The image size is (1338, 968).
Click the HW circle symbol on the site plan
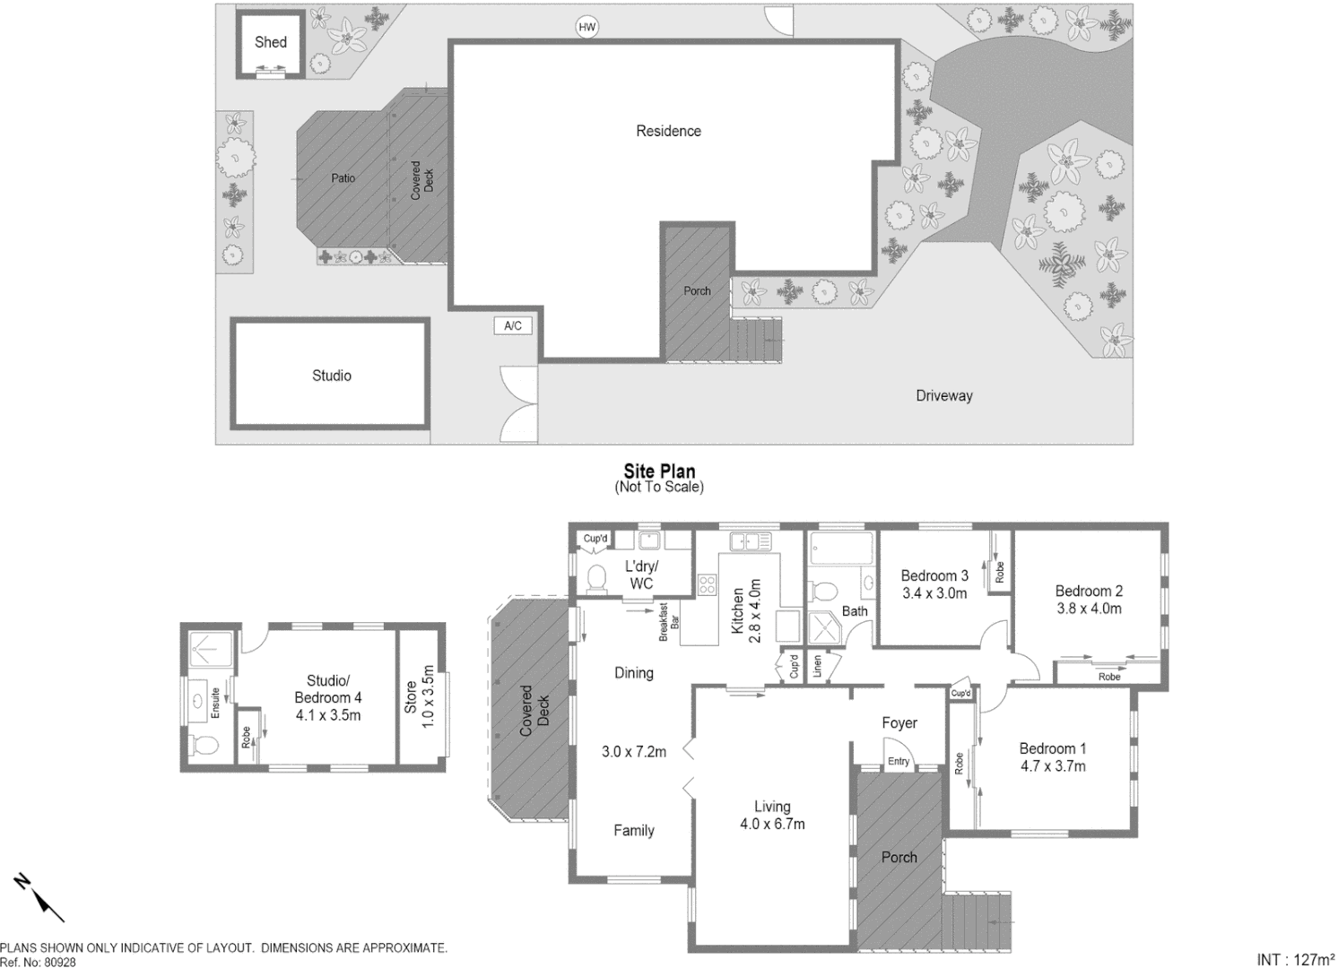click(586, 28)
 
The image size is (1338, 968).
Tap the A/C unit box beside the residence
click(513, 325)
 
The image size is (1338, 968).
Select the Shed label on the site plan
click(271, 42)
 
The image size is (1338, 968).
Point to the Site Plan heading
click(659, 471)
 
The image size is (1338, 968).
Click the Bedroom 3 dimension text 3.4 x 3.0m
click(934, 592)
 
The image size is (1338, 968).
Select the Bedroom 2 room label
click(1089, 591)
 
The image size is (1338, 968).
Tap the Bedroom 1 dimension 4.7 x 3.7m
click(1053, 765)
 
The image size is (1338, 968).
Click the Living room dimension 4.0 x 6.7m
click(772, 824)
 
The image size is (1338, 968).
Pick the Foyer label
click(899, 722)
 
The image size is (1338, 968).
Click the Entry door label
click(899, 761)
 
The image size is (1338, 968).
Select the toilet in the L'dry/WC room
click(595, 580)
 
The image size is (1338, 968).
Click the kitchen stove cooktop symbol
click(707, 585)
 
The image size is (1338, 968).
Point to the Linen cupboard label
click(817, 665)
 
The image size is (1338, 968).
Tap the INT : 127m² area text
click(1295, 959)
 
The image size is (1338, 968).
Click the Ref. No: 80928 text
click(38, 962)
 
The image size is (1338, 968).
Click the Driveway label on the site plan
click(943, 395)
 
